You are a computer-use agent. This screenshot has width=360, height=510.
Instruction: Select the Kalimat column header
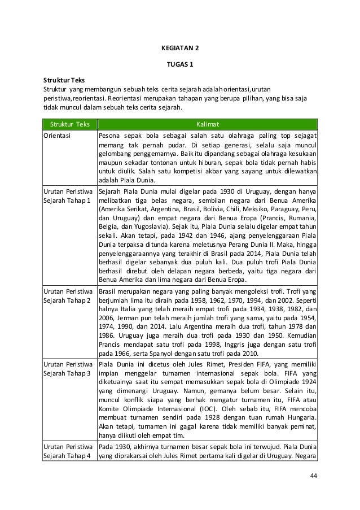(207, 124)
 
